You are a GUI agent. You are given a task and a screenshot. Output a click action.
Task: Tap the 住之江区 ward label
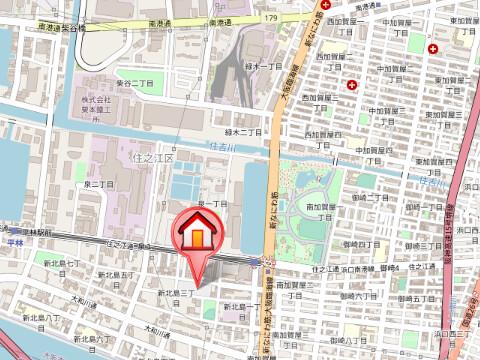[x=152, y=158]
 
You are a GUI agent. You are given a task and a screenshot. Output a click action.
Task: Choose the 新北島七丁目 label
[x=61, y=265]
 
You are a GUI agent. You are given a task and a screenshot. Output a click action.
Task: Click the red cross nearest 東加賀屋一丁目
[x=433, y=48]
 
